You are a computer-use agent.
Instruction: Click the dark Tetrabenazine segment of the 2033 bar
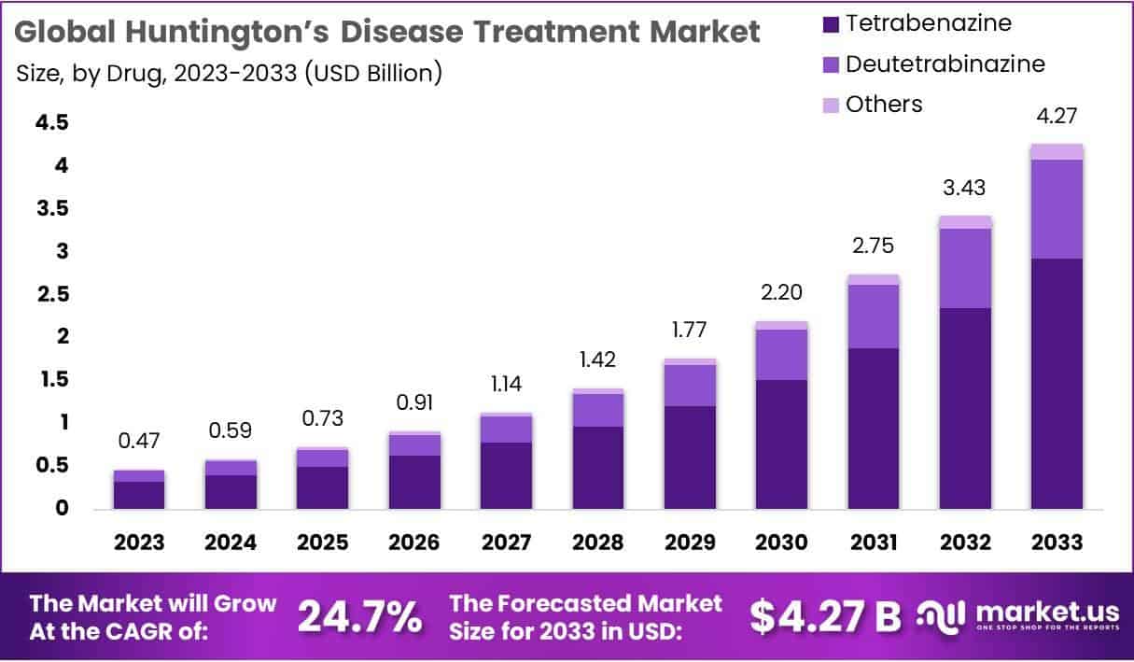coord(1057,383)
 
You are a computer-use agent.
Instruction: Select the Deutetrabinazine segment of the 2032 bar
coord(965,268)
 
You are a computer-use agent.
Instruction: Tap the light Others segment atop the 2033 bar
coord(1057,152)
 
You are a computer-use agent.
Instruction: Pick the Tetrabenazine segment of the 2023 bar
coord(139,495)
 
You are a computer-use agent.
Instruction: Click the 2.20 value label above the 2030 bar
coord(782,292)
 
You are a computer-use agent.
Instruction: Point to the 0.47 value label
coord(139,440)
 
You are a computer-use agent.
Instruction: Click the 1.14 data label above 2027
coord(506,384)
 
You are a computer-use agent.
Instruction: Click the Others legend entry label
coord(883,105)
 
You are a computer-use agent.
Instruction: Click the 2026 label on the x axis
coord(414,542)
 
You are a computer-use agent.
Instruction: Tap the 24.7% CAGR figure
coord(359,616)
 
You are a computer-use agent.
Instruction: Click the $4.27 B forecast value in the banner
coord(826,616)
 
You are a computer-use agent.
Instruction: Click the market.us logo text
coord(1046,613)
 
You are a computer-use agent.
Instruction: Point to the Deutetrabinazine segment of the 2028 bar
coord(598,410)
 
